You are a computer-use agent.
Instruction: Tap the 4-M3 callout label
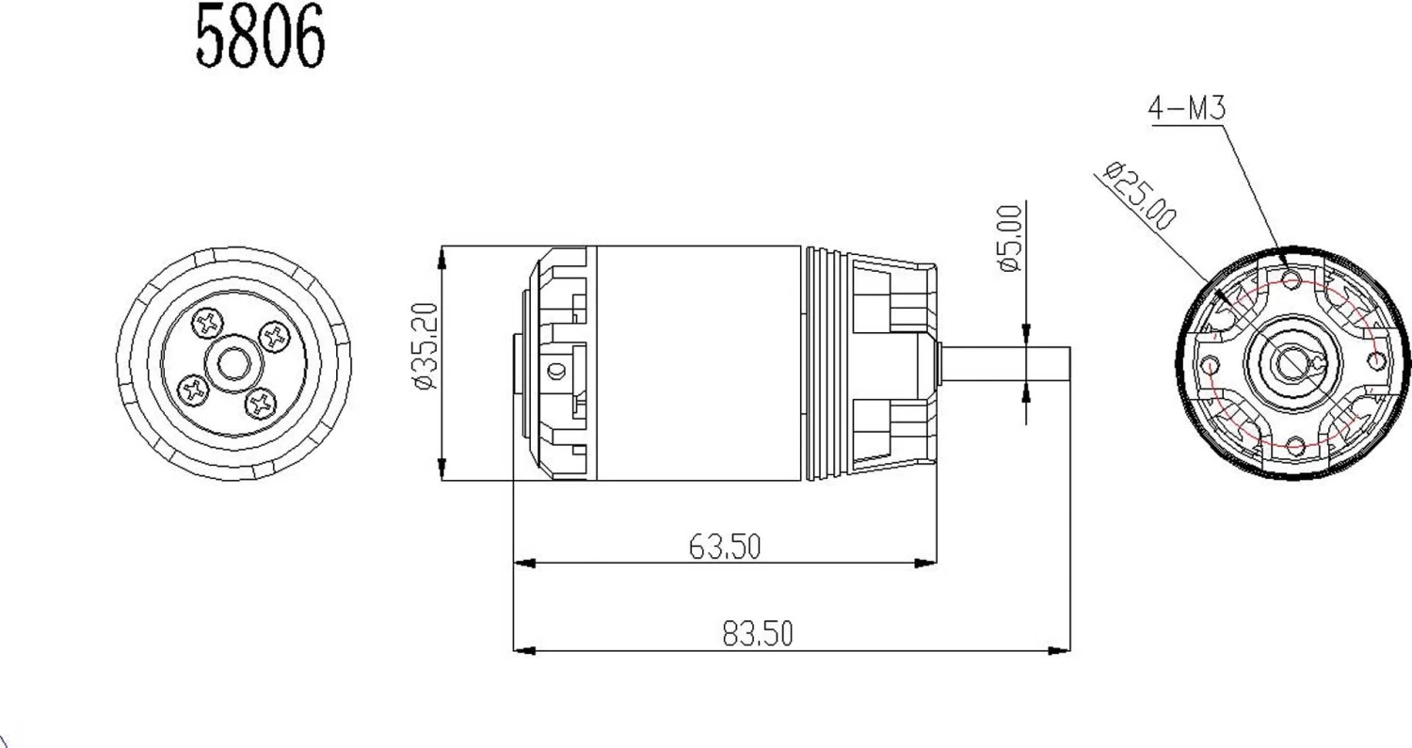coord(1186,109)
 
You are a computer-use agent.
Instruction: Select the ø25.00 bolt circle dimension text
coord(1140,196)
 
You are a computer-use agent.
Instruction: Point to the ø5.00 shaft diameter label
coord(1008,239)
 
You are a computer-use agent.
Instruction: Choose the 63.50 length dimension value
coord(724,546)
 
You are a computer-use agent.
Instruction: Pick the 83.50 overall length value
coord(758,633)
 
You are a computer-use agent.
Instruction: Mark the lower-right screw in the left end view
coord(259,404)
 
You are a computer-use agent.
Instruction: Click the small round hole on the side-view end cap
coord(555,372)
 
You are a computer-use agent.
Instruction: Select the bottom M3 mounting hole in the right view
coord(1295,447)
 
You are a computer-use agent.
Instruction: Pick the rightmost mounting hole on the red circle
coord(1380,361)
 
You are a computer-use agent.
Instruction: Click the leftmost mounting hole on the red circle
coord(1211,365)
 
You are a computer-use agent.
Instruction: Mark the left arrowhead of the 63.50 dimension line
coord(524,564)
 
